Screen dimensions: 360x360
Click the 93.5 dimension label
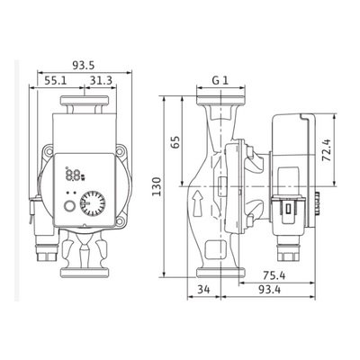83,65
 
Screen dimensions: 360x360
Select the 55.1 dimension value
56,80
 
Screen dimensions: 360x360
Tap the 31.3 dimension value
101,80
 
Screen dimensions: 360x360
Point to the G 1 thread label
220,80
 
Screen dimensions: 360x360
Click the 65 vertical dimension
175,142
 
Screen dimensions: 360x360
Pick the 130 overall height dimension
156,186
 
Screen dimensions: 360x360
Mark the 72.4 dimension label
326,150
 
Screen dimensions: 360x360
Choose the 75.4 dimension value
274,275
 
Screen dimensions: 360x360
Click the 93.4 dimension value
269,290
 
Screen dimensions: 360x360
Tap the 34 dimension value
203,290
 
